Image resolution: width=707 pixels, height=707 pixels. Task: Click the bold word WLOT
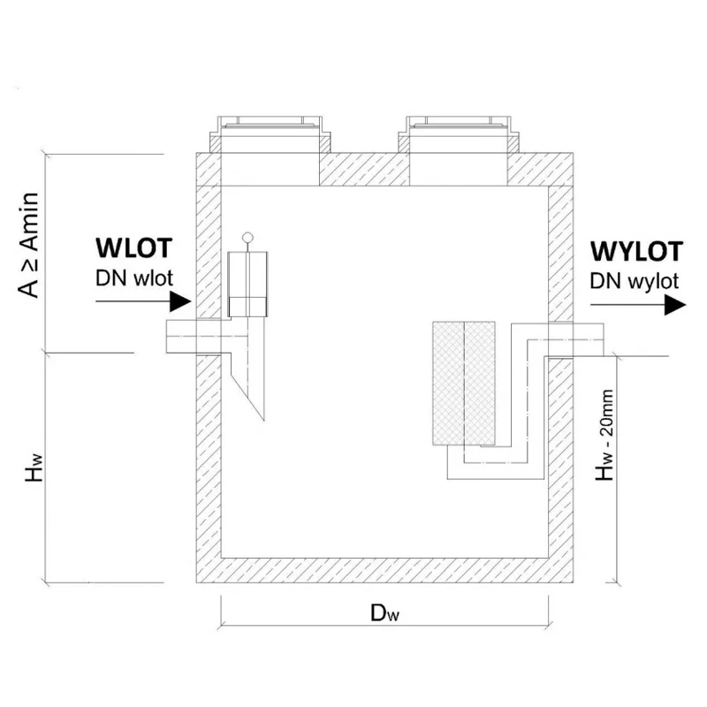(134, 248)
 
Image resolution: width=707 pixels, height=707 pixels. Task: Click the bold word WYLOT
(636, 252)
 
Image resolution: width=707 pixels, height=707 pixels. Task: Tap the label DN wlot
(134, 278)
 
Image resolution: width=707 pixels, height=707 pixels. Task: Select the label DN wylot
(634, 282)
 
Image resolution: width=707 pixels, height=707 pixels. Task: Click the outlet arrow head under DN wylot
(675, 305)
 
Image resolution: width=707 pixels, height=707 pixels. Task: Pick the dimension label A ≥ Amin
(28, 245)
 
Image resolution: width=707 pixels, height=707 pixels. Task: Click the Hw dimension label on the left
(34, 468)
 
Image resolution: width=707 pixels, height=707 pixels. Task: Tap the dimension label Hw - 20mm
(604, 435)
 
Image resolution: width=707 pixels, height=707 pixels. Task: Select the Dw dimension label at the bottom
(384, 612)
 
